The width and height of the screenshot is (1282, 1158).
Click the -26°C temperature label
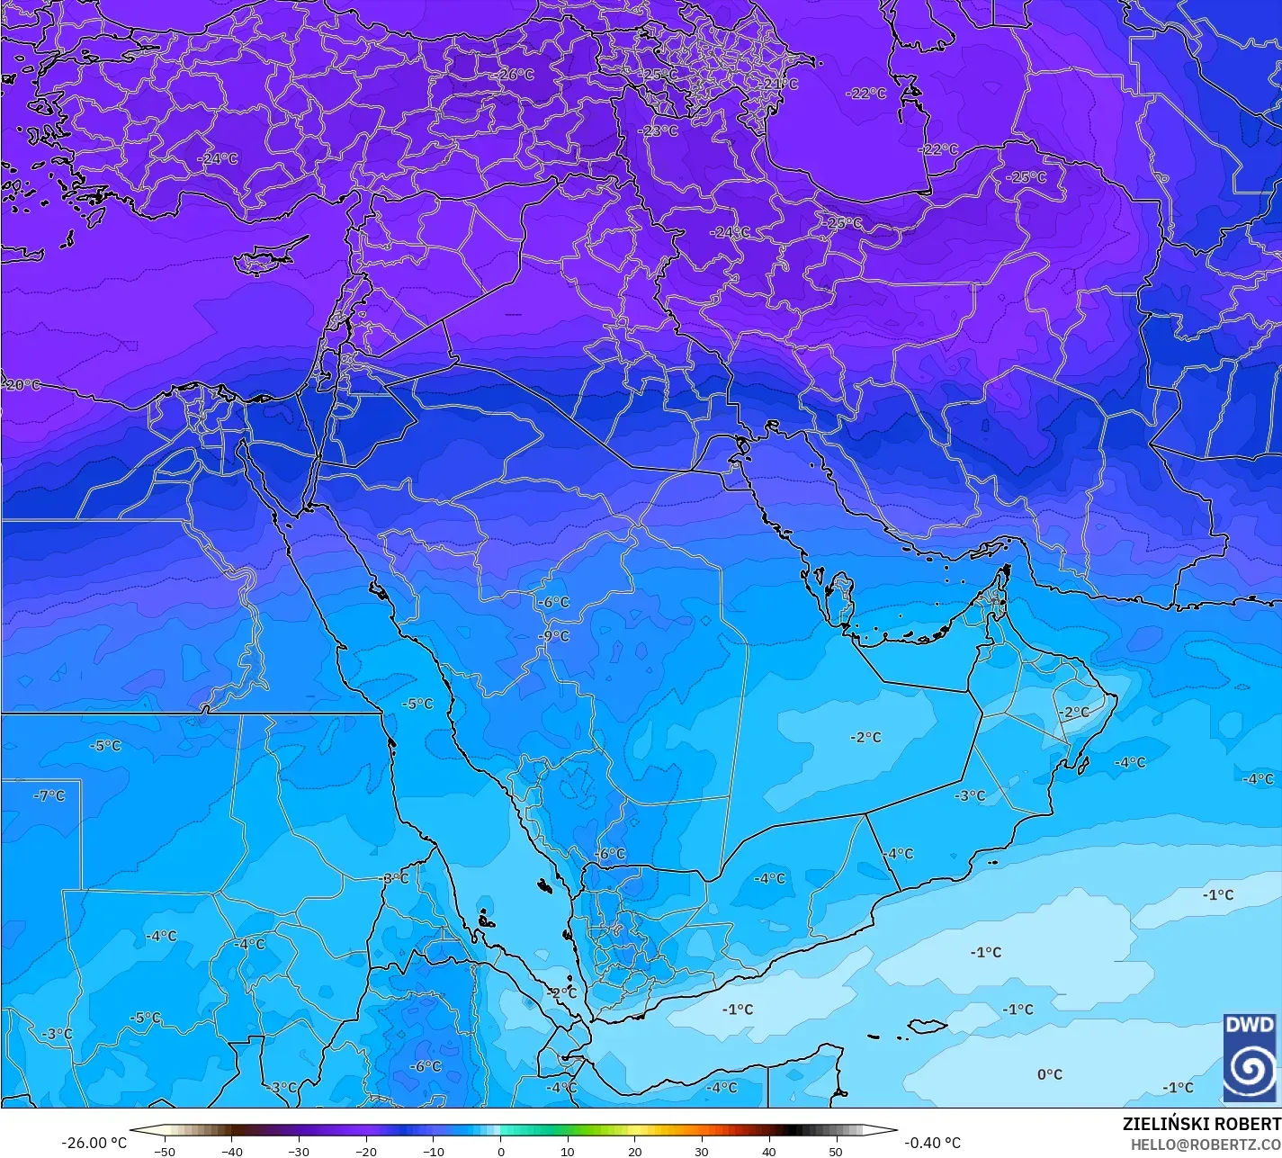515,75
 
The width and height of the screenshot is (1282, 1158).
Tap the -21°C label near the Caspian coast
779,84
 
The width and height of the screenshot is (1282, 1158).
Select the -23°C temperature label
658,130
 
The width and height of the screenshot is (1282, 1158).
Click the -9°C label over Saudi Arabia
553,635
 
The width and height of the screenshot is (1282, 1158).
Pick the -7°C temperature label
49,795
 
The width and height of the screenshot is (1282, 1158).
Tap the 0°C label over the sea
1049,1073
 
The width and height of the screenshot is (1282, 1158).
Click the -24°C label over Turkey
218,158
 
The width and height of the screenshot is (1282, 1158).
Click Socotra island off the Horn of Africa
928,1026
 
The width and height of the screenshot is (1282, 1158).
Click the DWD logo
1250,1057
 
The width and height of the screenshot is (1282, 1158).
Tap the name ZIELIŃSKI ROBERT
1201,1124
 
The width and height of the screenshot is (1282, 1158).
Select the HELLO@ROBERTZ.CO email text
1206,1144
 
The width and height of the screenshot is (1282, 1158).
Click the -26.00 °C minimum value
94,1143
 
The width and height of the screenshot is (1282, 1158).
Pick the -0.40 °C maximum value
932,1143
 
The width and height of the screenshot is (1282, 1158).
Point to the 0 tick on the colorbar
501,1151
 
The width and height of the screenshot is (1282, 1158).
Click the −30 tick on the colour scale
299,1151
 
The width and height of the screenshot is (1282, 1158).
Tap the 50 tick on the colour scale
836,1151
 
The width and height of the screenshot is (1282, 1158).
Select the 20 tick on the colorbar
634,1151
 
